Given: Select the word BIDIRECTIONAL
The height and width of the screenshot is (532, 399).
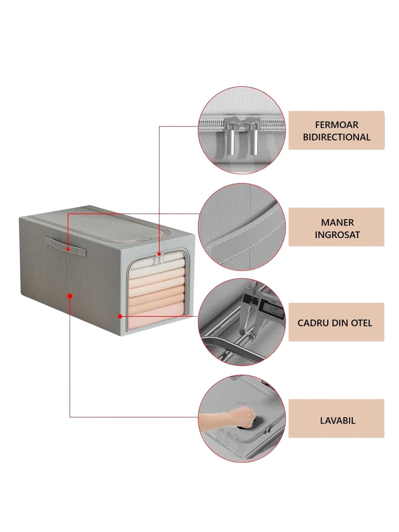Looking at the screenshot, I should tap(336, 137).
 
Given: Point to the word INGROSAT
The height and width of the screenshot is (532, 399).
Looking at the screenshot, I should tap(337, 235).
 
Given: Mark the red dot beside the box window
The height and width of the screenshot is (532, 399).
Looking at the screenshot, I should tap(120, 316).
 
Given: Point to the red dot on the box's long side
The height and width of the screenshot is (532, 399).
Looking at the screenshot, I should tap(70, 296).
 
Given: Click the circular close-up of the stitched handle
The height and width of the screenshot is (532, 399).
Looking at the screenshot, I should tap(241, 227).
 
